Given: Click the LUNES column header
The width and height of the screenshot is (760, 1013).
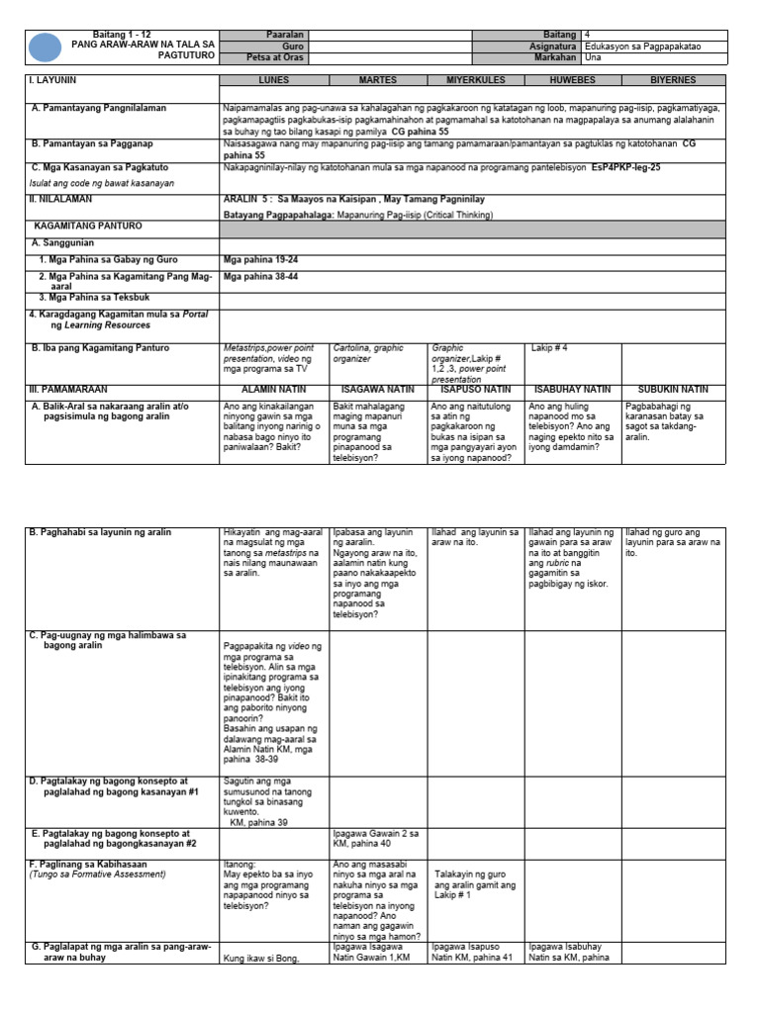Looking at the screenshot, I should tap(274, 79).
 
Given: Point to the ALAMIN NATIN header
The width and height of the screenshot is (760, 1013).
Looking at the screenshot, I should tap(273, 390).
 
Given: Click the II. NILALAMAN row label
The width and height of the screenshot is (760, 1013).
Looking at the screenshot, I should tap(61, 198).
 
